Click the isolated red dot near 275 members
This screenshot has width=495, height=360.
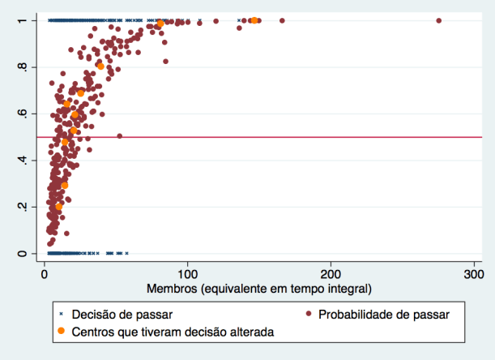[438, 20]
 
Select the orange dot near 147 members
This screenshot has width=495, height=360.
[254, 20]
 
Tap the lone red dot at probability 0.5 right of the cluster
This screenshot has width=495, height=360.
[119, 136]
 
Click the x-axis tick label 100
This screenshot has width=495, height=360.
[188, 276]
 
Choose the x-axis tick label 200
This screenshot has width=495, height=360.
[331, 276]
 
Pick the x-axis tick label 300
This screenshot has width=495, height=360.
[473, 276]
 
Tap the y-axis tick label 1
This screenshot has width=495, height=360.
[22, 20]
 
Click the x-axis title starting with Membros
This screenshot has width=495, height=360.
[259, 289]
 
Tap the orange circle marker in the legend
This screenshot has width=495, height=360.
[61, 331]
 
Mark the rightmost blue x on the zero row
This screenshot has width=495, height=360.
[126, 253]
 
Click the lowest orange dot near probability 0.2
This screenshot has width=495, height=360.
[58, 208]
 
